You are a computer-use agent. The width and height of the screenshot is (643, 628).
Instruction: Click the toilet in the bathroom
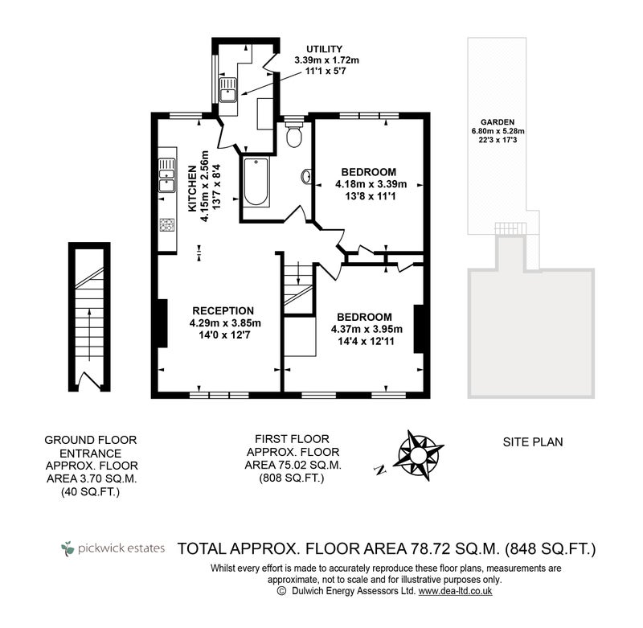coord(294,133)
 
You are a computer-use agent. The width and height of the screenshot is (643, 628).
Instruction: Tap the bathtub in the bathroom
coord(256,181)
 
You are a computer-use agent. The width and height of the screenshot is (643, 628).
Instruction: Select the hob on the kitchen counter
coord(166,225)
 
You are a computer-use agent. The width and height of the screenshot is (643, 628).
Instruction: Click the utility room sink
coord(227,90)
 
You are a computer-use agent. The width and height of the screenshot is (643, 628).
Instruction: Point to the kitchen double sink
coord(167,175)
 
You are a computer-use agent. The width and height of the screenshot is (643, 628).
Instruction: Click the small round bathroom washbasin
coord(307,176)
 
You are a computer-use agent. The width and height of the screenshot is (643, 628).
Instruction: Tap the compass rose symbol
coord(418,455)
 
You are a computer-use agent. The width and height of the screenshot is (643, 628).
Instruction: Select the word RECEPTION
coord(223,310)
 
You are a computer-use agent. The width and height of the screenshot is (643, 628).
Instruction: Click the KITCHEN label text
coord(192,189)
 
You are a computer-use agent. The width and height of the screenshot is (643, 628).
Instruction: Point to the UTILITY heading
coord(325,49)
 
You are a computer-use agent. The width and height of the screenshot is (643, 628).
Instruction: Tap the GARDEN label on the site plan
coord(498,122)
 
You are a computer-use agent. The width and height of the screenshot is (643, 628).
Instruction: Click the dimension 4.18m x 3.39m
coord(371,184)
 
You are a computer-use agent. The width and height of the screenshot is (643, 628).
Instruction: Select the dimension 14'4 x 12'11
coord(366,341)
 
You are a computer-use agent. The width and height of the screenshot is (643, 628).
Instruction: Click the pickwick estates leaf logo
coord(68,548)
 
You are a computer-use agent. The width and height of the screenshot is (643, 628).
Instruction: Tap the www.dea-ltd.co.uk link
coord(455,591)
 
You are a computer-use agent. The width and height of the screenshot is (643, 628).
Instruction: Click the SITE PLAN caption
coord(533,442)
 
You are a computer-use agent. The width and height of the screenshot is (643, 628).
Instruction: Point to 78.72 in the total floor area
coord(429,548)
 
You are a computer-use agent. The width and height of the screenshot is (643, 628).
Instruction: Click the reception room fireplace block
coord(163,323)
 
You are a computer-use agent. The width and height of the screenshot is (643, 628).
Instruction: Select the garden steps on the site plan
coord(510,229)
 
